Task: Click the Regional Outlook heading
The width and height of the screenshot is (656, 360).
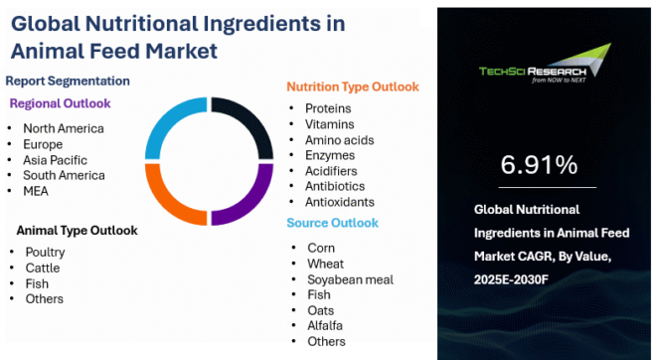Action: click(x=60, y=102)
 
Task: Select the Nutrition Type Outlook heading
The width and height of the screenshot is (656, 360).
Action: click(x=353, y=87)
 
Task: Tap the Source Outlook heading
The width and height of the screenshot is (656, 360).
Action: click(x=334, y=223)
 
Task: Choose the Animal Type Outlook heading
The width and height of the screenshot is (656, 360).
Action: click(x=77, y=231)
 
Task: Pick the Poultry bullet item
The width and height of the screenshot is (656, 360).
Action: click(x=45, y=253)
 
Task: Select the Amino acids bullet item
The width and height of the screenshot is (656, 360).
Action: click(x=339, y=139)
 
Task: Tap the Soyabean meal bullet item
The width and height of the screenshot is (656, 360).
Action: click(x=350, y=279)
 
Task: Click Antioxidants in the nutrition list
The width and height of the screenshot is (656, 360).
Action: click(x=339, y=202)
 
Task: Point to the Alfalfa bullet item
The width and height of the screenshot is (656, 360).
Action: click(x=326, y=325)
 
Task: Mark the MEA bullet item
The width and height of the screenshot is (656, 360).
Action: click(x=38, y=191)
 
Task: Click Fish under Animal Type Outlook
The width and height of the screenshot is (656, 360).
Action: click(x=37, y=283)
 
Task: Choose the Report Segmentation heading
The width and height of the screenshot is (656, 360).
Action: click(x=68, y=81)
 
